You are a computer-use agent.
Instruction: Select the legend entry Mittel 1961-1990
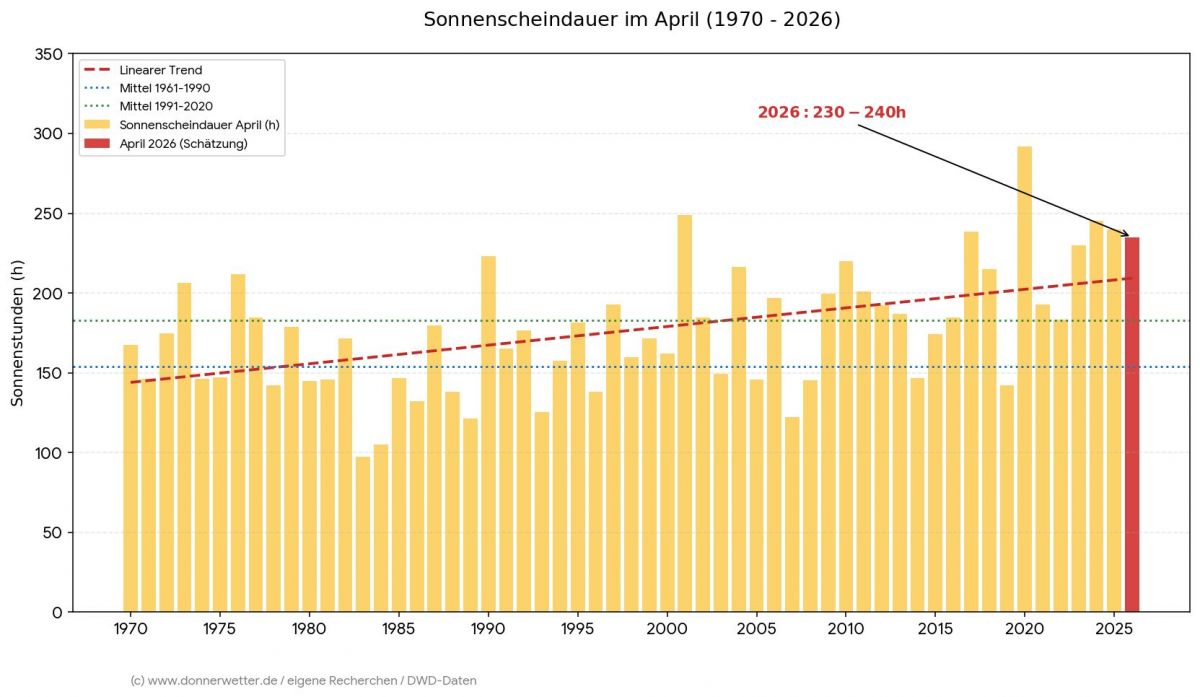[x=164, y=88]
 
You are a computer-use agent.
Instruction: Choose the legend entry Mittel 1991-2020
[x=165, y=106]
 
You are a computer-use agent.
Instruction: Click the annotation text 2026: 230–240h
[x=831, y=112]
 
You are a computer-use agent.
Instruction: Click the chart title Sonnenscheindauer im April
[x=631, y=20]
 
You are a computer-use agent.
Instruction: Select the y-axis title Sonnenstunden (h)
[x=17, y=333]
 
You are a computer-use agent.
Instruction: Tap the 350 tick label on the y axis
[x=47, y=54]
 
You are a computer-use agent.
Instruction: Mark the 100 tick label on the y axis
[x=47, y=453]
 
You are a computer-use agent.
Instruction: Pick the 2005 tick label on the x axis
[x=756, y=630]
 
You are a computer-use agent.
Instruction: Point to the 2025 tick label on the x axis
[x=1114, y=630]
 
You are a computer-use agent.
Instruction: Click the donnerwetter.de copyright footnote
[x=303, y=680]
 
